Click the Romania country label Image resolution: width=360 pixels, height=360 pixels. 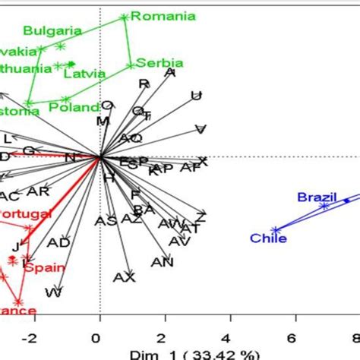coord(163,15)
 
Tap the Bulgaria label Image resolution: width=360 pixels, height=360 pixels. coord(52,31)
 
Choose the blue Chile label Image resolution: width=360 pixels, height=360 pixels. coord(269,238)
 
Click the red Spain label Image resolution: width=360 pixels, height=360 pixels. coord(44,267)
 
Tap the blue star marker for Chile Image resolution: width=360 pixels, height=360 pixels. coord(276,229)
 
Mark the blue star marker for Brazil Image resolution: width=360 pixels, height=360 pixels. coord(324,206)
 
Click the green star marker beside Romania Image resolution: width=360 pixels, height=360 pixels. coord(125,16)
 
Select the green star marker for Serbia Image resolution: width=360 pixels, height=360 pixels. coord(131,65)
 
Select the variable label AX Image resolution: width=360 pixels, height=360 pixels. coord(123,277)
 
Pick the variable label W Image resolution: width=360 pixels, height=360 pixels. coord(54,292)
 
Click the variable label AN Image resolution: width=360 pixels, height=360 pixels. coord(162,262)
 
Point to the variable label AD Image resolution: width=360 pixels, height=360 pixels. coord(58,242)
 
